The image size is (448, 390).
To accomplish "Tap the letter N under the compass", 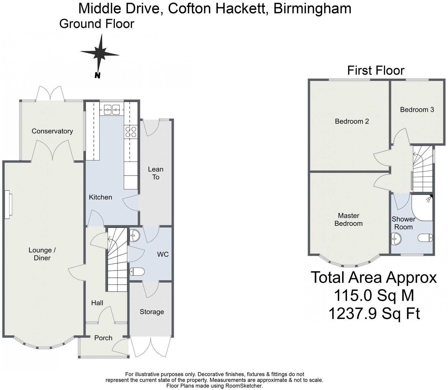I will click(98, 76).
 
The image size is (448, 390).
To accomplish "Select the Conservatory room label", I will click(52, 131).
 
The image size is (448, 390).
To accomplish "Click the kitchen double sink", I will click(112, 109).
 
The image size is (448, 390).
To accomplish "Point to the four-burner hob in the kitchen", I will click(131, 132).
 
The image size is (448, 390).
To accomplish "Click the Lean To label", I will click(156, 173).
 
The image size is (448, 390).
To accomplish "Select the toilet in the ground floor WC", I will click(137, 271).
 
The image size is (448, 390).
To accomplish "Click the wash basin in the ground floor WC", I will click(135, 235).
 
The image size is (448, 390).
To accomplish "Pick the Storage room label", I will click(152, 312).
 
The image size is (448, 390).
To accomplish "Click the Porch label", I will click(103, 338).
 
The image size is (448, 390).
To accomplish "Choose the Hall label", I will click(97, 303).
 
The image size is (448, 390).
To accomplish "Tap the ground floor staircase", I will click(117, 260).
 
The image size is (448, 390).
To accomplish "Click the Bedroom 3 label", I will click(417, 110).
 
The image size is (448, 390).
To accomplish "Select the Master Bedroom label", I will click(348, 220).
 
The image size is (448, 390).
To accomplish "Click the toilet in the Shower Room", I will click(425, 238).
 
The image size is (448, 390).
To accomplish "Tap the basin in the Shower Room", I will click(396, 239).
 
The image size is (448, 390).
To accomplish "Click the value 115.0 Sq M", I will click(374, 295).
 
